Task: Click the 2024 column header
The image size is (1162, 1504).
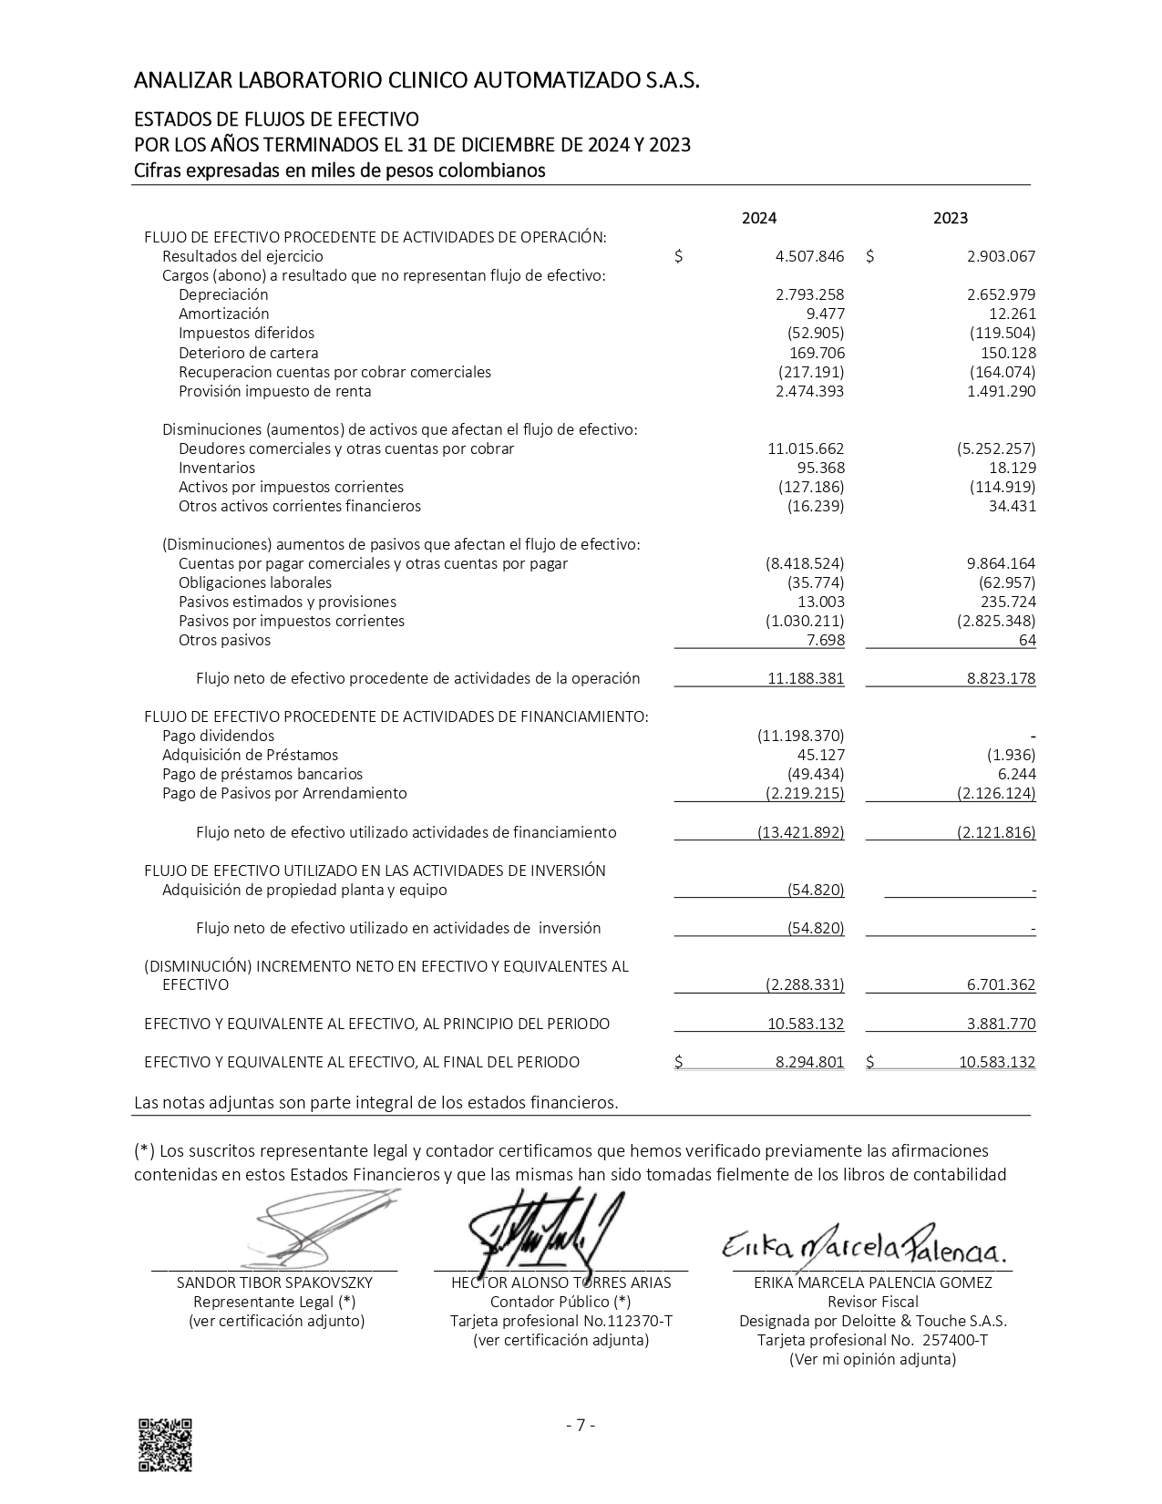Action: [758, 218]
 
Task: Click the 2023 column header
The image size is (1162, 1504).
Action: [950, 218]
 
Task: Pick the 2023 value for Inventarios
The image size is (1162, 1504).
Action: [1012, 468]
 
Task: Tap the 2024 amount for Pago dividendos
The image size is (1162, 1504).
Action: [800, 736]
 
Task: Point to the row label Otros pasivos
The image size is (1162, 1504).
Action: [224, 640]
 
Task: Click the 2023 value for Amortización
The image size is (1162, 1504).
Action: [1012, 314]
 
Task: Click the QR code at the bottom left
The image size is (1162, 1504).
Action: [165, 1445]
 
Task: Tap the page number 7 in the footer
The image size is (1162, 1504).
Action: [581, 1426]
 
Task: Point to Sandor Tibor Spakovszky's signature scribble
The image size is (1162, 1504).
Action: [301, 1231]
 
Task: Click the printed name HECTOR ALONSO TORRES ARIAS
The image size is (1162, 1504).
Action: [561, 1283]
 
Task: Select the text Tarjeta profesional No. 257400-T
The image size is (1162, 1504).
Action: [872, 1340]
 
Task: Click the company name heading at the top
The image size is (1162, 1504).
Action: [416, 81]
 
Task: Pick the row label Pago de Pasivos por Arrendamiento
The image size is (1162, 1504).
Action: [284, 793]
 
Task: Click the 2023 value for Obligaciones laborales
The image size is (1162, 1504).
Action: [1003, 582]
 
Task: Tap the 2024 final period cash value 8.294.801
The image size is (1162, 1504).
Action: [809, 1062]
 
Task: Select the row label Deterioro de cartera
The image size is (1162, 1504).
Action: [248, 353]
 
